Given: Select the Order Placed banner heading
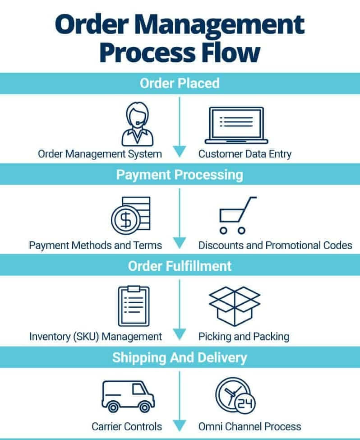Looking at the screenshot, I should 180,83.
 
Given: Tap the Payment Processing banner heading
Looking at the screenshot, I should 180,174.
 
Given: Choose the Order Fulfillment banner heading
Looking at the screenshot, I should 180,265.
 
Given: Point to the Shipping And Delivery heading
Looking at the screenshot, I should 180,357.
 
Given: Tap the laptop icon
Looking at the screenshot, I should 236,125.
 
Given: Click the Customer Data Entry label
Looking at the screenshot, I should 245,153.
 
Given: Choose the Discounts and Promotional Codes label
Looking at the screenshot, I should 275,245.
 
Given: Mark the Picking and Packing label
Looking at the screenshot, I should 244,336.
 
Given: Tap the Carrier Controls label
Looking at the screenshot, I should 127,426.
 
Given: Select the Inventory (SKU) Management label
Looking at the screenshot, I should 96,336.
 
